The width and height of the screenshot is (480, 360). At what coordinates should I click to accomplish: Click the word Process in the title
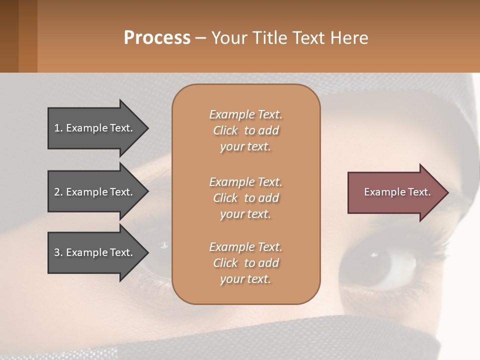point(157,37)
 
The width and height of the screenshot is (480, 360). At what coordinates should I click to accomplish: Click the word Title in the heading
point(270,37)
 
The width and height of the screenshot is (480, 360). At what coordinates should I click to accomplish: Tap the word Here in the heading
point(348,37)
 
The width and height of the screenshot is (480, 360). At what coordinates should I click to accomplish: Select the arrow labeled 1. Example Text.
point(95,128)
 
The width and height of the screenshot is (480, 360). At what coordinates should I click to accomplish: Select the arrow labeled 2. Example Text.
point(95,192)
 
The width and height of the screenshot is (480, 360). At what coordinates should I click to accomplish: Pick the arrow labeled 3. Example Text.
point(95,252)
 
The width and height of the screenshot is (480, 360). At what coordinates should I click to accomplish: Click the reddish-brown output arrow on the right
point(395,192)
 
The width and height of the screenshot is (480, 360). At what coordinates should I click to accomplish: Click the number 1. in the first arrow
point(58,128)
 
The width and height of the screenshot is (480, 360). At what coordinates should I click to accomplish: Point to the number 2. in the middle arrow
point(58,192)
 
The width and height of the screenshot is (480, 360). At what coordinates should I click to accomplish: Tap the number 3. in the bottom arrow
point(58,252)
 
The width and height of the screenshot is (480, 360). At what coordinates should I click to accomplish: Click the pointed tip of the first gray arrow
point(146,128)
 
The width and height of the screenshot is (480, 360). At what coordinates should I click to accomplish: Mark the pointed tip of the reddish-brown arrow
point(446,192)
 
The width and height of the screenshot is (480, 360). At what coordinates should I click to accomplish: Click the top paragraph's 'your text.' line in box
point(245,147)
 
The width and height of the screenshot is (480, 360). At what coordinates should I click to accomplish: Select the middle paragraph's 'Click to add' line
point(245,198)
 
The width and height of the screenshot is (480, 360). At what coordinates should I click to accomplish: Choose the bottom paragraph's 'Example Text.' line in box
point(245,247)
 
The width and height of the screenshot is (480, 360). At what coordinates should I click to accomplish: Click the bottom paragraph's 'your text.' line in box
point(245,279)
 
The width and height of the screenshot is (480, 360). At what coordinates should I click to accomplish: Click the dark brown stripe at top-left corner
point(9,36)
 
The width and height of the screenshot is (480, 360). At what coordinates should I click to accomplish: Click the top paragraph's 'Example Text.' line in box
point(245,114)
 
